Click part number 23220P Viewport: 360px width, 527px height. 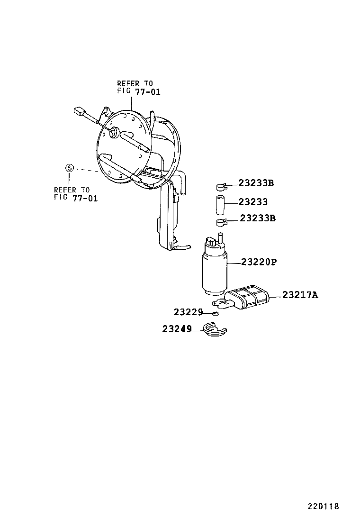[258, 262]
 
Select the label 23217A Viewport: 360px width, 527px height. [300, 295]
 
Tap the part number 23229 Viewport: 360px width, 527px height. [188, 312]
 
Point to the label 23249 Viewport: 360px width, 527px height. [177, 328]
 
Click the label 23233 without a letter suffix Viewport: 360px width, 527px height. [253, 202]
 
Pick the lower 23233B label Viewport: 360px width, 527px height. [258, 218]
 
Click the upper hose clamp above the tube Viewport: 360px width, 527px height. [220, 184]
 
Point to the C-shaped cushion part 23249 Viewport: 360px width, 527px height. [214, 329]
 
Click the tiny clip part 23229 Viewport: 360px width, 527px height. [216, 313]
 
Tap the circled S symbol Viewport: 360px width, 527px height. [69, 168]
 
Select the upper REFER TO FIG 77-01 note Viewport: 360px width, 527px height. [139, 88]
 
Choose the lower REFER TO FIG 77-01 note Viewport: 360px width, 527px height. [76, 194]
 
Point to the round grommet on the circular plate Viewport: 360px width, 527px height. [114, 132]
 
